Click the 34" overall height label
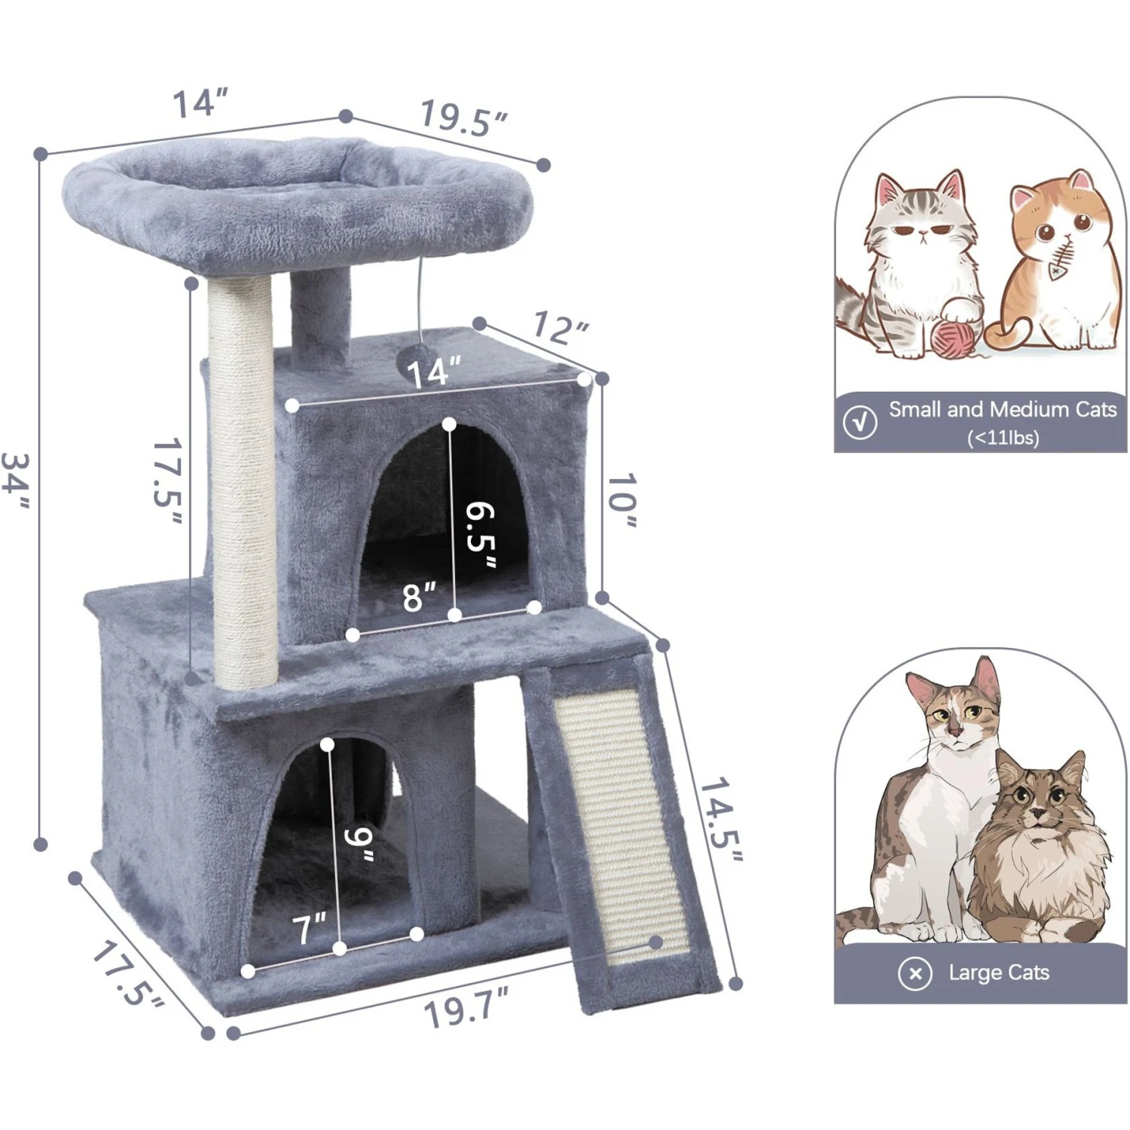coord(17,482)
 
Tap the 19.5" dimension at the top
coord(463,119)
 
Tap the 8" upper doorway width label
coord(419,597)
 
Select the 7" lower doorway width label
coord(310,928)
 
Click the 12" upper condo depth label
coord(560,327)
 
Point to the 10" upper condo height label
coord(621,501)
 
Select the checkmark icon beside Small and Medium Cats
coord(860,422)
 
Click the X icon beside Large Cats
coord(915,973)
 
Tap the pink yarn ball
coord(951,338)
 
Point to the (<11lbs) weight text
coord(1003,437)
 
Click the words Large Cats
coord(998,973)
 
